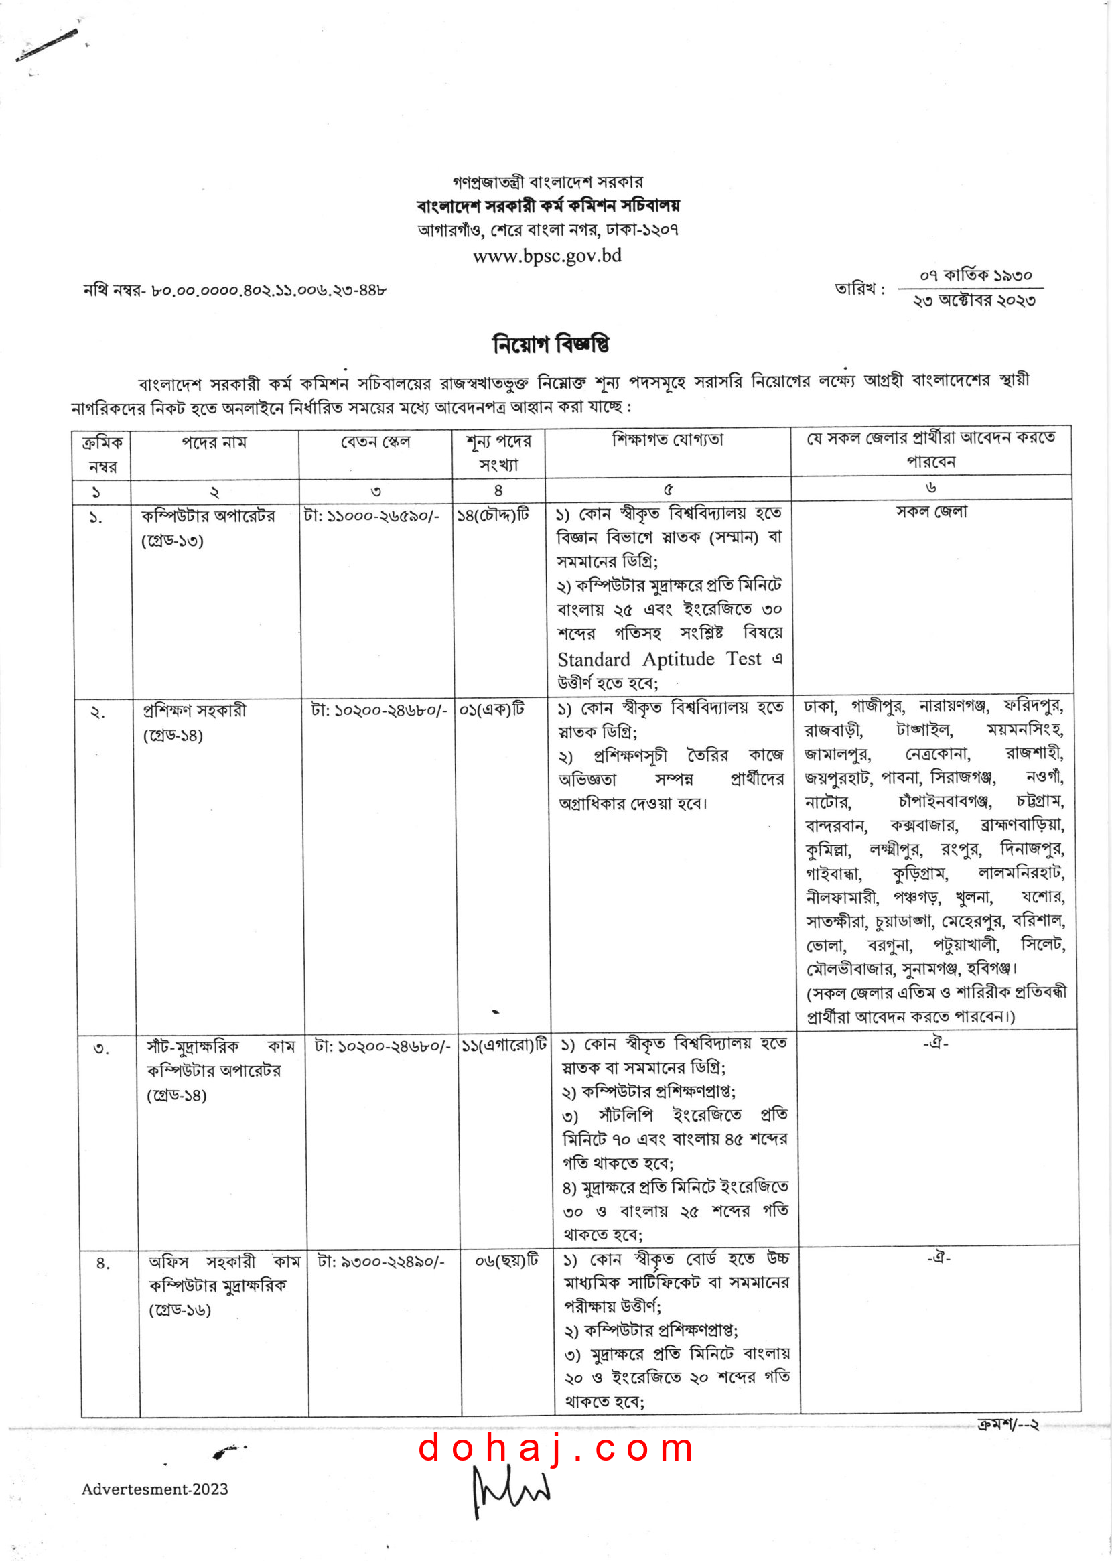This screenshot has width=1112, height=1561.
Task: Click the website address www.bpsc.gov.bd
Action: point(547,256)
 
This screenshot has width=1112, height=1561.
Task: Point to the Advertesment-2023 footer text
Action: point(155,1489)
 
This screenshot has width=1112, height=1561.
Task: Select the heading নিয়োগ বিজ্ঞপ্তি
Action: point(551,344)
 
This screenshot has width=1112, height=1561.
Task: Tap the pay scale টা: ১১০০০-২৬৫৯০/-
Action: point(371,516)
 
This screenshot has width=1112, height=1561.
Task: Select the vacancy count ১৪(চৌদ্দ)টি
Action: point(493,515)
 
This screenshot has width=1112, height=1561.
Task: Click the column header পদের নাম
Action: point(214,443)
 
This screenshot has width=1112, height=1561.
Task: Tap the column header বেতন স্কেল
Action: point(375,442)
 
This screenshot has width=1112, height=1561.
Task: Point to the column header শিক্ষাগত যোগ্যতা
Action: point(668,439)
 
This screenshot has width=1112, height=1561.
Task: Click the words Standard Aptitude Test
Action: point(658,659)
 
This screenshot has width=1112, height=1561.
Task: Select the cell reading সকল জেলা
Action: point(931,511)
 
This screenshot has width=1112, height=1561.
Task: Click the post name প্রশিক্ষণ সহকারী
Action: point(194,710)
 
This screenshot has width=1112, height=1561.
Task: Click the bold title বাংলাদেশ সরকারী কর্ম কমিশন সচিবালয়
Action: point(548,206)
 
